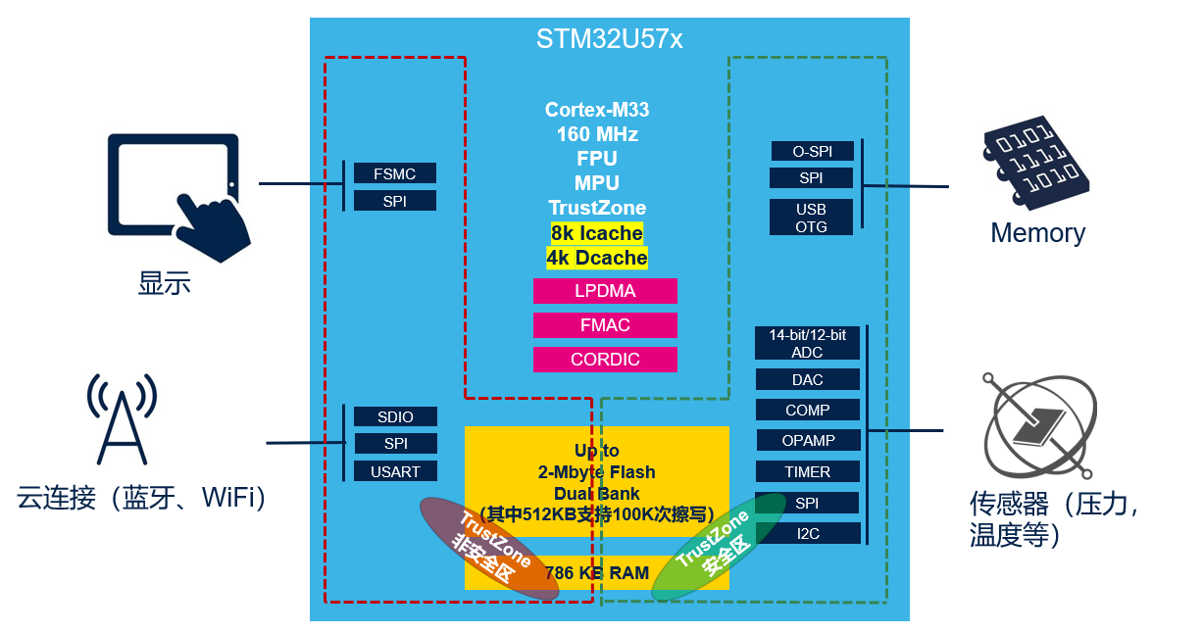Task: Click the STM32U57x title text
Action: tap(609, 39)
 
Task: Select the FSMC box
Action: tap(394, 173)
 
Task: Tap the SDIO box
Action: tap(395, 416)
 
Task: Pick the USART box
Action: tap(395, 471)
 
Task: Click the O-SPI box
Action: tap(811, 151)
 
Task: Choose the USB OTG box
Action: tap(811, 218)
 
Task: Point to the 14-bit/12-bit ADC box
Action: tap(807, 343)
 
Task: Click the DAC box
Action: tap(807, 379)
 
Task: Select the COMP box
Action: tap(807, 410)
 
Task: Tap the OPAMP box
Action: tap(807, 440)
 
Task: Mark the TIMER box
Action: tap(807, 471)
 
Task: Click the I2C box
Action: tap(807, 533)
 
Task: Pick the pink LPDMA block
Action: tap(605, 291)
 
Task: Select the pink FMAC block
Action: tap(605, 325)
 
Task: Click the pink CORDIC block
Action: tap(605, 360)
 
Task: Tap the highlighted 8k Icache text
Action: tap(597, 233)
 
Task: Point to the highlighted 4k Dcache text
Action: tap(597, 258)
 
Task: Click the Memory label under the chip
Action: tap(1037, 233)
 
